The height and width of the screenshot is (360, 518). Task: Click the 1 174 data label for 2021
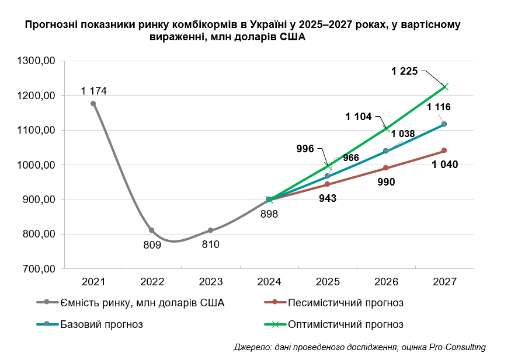(x=93, y=90)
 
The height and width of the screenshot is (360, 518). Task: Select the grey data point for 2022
(x=152, y=230)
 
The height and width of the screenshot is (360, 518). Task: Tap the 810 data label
(x=210, y=245)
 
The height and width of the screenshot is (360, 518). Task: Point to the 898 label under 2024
(x=269, y=214)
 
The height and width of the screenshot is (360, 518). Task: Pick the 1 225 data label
(x=405, y=71)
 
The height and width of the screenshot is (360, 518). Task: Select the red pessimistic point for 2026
(x=385, y=168)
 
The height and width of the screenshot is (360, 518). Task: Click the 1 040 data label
(x=445, y=165)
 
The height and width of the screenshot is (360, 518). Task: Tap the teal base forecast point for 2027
(x=444, y=124)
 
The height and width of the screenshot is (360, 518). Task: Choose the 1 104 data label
(x=359, y=117)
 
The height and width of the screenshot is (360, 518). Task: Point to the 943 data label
(x=327, y=198)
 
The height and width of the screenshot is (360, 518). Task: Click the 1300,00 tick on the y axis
(x=36, y=61)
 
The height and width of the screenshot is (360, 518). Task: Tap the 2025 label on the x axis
(x=327, y=282)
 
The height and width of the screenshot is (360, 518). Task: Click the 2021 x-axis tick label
(x=93, y=282)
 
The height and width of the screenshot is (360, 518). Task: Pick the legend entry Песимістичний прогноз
(x=345, y=303)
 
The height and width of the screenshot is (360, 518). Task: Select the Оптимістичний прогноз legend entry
(x=345, y=324)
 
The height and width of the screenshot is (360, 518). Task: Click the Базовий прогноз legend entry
(x=102, y=324)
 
